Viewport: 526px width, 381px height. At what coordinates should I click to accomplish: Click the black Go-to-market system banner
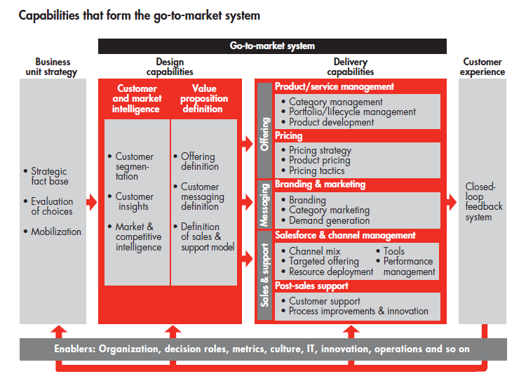tap(272, 46)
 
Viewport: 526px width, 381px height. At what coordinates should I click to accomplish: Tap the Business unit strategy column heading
tap(51, 67)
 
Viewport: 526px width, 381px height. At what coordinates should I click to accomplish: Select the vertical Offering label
tap(264, 134)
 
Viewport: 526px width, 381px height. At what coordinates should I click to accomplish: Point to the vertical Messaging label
tap(264, 205)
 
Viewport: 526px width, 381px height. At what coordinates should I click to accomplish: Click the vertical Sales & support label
tap(264, 275)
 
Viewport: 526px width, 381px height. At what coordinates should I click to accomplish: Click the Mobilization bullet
tap(53, 232)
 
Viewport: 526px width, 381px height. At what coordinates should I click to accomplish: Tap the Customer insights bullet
tap(131, 201)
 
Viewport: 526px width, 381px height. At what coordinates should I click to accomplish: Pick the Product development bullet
tap(328, 123)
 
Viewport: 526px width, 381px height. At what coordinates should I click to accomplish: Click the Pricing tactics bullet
tap(313, 171)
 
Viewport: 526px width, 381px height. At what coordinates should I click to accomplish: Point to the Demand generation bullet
tap(325, 220)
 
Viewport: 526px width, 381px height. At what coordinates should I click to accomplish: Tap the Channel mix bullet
tap(311, 251)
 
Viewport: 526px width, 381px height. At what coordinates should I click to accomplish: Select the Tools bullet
tap(390, 251)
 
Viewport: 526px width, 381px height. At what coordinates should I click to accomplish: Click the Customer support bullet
tap(321, 301)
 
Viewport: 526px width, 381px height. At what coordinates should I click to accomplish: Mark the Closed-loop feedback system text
tap(483, 201)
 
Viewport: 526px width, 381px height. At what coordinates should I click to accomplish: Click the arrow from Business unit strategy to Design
tap(92, 202)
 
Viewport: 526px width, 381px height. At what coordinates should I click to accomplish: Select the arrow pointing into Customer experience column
tap(452, 202)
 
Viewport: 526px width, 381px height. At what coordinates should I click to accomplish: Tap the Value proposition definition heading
tap(204, 99)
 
